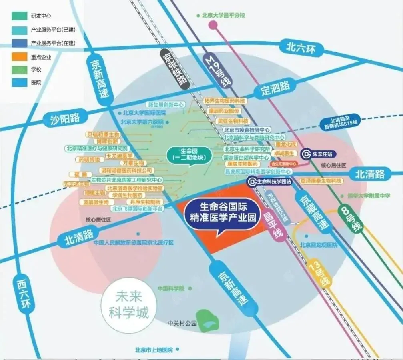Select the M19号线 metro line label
218,68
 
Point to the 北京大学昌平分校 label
223,16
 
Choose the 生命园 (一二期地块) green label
187,154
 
